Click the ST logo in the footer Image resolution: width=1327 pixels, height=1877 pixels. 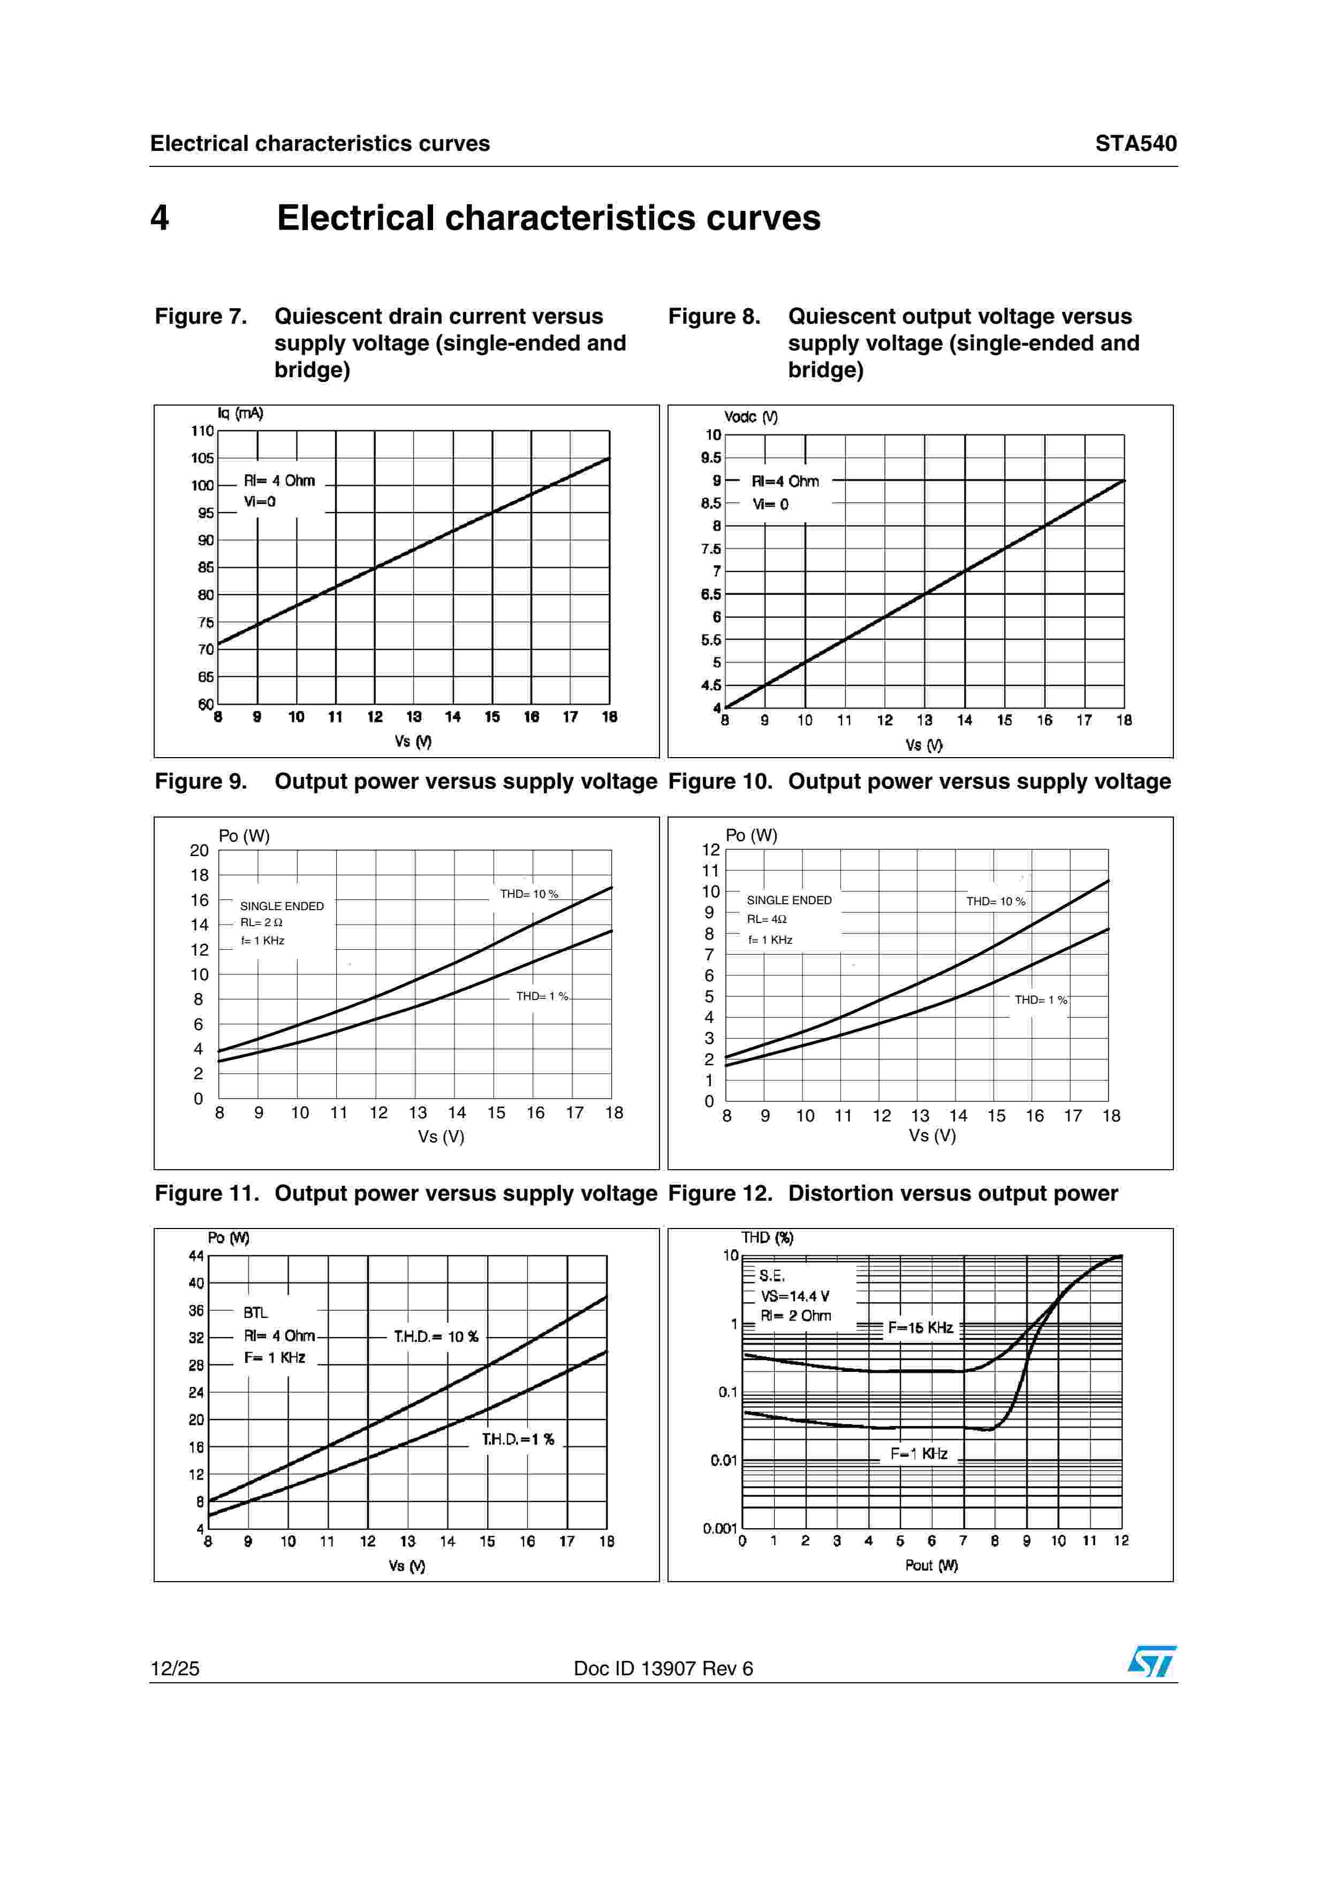tap(1151, 1661)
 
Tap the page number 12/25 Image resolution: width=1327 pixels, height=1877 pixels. tap(175, 1668)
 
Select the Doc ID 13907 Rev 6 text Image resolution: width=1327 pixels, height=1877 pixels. tap(663, 1668)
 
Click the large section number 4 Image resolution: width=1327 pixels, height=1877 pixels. tap(160, 218)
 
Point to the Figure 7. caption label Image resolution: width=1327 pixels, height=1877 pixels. tap(201, 316)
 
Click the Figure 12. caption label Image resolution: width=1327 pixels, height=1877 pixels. tap(719, 1194)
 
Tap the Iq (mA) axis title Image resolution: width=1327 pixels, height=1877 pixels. tap(240, 414)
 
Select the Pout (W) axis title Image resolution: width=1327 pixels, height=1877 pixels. tap(931, 1565)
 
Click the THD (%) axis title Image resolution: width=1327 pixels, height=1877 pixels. tap(767, 1238)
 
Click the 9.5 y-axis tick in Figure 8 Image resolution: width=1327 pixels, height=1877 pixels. tap(711, 458)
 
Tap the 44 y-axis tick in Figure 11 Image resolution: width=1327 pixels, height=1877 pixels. tap(196, 1256)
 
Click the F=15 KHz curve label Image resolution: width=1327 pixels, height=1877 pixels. tap(921, 1327)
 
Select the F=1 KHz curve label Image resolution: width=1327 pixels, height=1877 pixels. tap(919, 1454)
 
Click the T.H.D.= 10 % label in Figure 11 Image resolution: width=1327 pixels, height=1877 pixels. tap(436, 1337)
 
